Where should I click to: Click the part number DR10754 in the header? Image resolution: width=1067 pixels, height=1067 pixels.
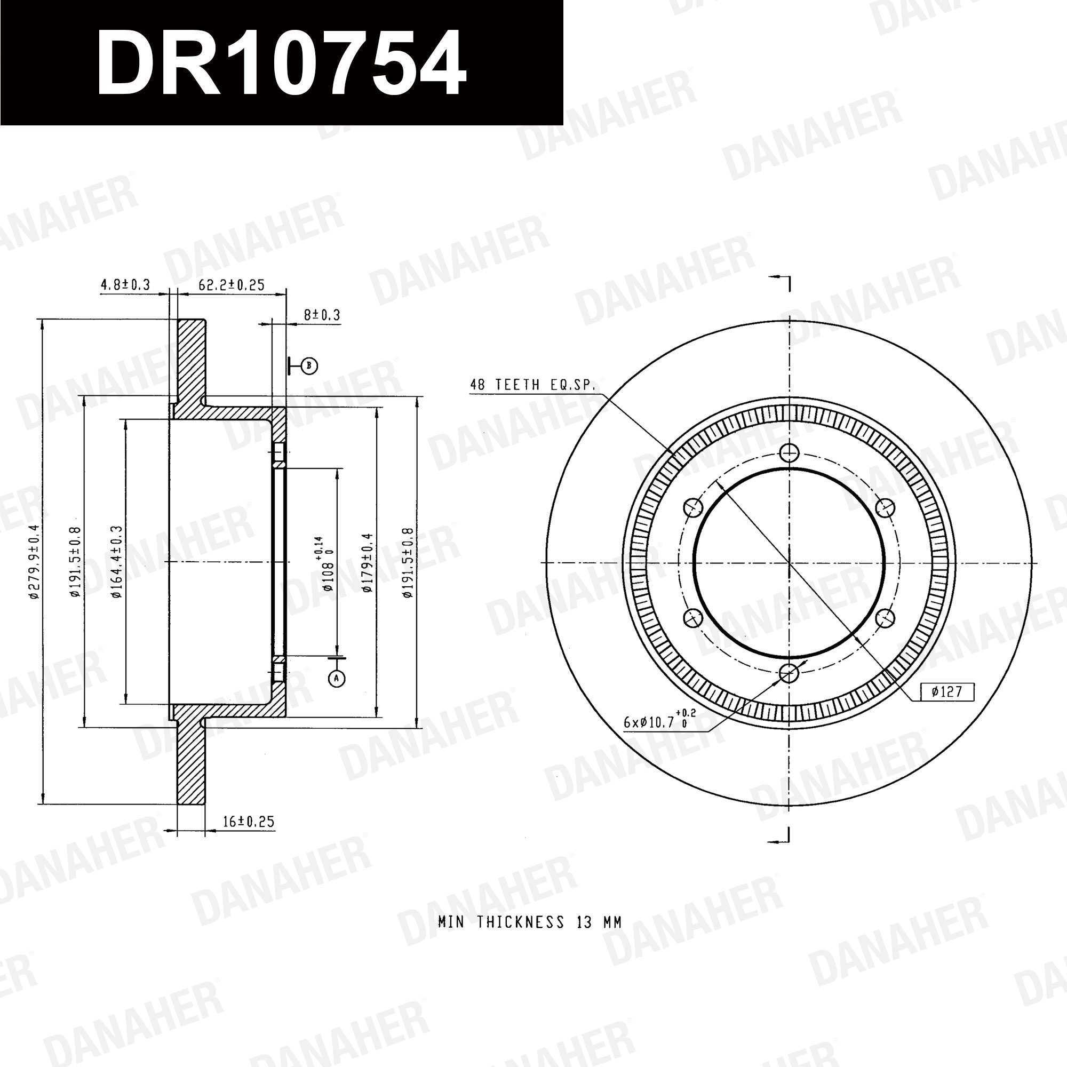[281, 63]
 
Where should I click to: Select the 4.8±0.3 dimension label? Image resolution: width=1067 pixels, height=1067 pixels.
[125, 285]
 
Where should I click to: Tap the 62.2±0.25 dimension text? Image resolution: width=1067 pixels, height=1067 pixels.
[232, 285]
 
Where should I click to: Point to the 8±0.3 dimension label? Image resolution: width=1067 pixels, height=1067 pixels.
[322, 315]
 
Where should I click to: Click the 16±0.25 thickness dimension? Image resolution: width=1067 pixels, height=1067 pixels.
[249, 821]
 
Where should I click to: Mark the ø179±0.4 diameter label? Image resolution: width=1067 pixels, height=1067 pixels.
[368, 563]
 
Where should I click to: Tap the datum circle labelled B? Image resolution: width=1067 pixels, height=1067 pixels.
[310, 365]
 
